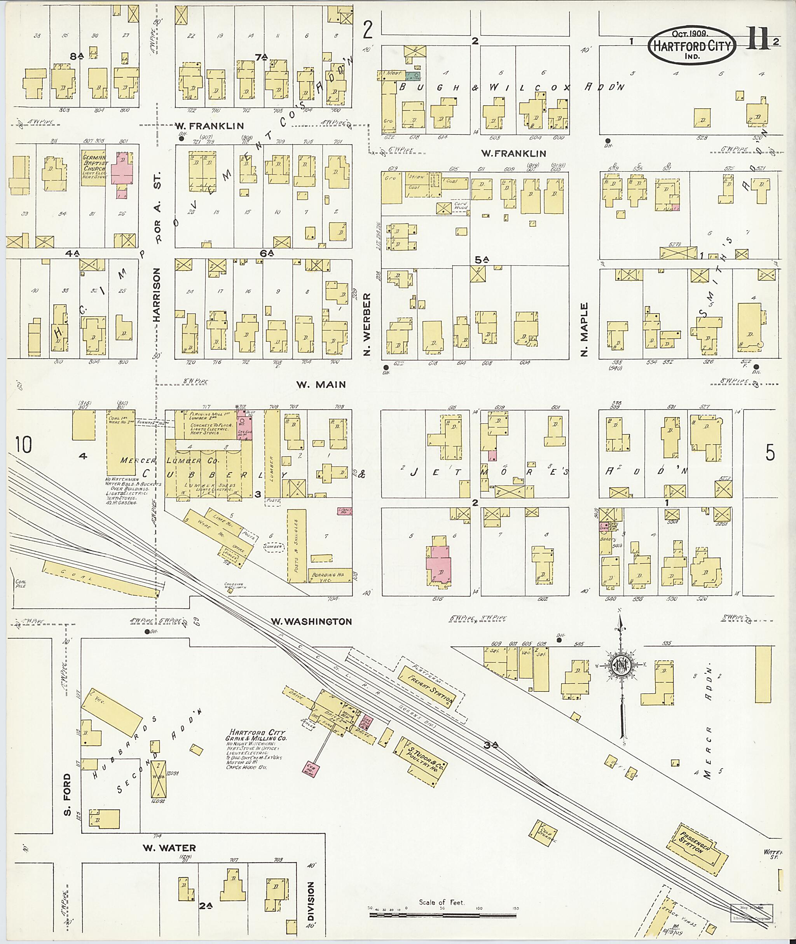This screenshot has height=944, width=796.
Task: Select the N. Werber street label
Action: coord(367,324)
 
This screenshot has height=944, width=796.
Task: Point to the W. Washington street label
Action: coord(311,621)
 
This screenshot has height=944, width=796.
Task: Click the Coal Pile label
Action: coord(20,583)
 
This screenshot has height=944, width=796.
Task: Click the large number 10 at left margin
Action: coord(23,444)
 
